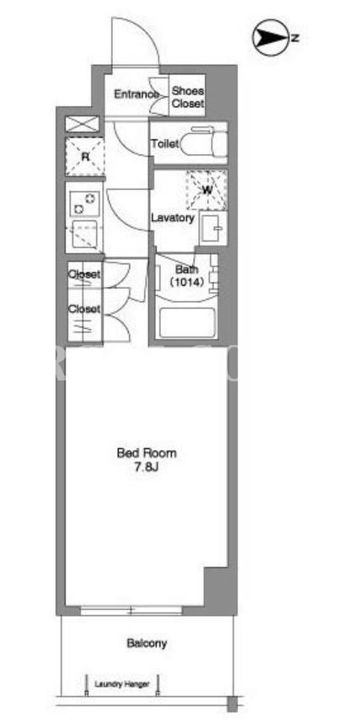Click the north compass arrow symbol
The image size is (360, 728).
pos(271,38)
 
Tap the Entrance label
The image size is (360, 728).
pos(137,94)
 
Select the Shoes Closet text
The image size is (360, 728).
pos(188,98)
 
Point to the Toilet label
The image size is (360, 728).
pos(164,144)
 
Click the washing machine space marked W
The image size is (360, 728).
pos(207,190)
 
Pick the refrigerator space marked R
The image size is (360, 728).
pos(85,156)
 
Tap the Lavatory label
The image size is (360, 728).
pos(173,218)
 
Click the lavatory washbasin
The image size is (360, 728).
pos(214,228)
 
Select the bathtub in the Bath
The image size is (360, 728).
pos(187,323)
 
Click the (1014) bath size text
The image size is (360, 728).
pos(186,282)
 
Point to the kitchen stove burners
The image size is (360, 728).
pos(85,204)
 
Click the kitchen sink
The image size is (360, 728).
pos(84,235)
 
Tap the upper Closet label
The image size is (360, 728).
pos(84,274)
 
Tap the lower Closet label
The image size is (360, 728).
pos(84,308)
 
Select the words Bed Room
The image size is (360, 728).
pos(147,453)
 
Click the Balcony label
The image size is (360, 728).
pos(147,644)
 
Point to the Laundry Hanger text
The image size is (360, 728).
pos(122,684)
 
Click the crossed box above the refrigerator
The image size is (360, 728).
pos(83,124)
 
